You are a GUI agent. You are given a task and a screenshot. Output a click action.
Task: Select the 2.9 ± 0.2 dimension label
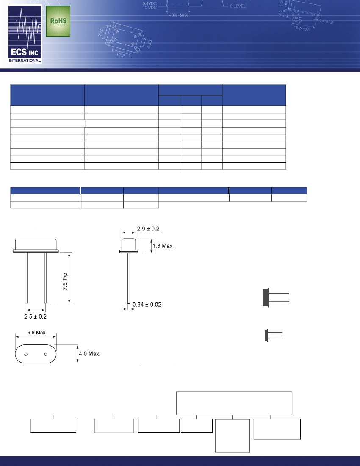148,229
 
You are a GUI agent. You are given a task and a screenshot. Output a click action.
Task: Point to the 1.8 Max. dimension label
163,246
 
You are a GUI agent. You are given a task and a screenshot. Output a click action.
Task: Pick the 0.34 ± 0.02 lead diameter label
147,305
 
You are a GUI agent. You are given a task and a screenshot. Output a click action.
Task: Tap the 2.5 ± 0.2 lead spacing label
36,316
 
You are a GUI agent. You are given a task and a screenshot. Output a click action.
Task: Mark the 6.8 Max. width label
36,333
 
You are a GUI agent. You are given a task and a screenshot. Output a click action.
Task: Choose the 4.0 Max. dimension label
89,354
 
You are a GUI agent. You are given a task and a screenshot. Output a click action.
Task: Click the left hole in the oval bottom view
26,354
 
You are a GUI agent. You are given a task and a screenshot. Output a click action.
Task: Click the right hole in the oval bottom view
45,354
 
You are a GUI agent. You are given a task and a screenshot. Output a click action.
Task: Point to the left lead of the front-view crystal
26,277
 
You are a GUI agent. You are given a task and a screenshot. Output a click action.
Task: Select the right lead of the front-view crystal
45,277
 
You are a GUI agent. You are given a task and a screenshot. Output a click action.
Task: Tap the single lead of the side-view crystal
128,277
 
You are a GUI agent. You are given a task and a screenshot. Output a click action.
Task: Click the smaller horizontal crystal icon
274,335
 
